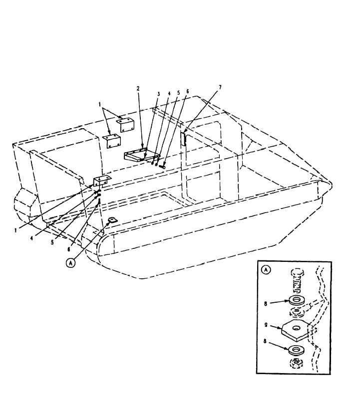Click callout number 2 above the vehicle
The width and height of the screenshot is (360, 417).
(138, 89)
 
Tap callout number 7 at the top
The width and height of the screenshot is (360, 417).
(220, 87)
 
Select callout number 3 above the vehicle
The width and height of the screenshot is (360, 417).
(158, 94)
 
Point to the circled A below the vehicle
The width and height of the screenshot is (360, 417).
(70, 263)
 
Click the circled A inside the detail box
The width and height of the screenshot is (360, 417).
(266, 270)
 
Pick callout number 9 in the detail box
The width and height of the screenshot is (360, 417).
(266, 325)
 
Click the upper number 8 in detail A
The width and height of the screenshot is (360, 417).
(266, 303)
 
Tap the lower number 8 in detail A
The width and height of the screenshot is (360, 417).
(265, 341)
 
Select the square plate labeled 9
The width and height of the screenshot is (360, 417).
(295, 330)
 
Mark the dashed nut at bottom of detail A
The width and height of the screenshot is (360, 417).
(296, 363)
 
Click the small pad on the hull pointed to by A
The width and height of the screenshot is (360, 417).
(112, 220)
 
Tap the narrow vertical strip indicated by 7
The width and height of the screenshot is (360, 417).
(183, 138)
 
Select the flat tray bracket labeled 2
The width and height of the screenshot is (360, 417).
(142, 155)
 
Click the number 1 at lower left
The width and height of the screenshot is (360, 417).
(15, 230)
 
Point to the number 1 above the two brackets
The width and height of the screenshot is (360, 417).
(100, 105)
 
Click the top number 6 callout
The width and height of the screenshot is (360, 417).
(187, 92)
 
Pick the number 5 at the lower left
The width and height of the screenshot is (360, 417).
(52, 242)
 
